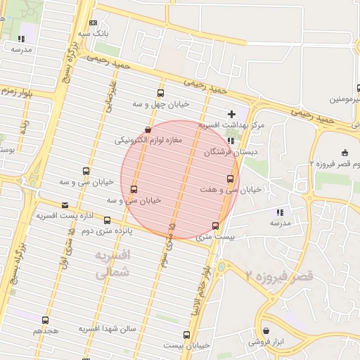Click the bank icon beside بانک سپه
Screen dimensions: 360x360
coord(94,22)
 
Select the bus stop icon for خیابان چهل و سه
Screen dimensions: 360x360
coord(161,93)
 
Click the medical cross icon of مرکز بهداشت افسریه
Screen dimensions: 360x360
coord(231,114)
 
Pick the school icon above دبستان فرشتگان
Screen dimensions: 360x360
coord(231,140)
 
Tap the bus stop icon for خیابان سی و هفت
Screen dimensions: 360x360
coord(230,179)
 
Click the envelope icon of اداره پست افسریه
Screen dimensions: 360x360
coord(65,205)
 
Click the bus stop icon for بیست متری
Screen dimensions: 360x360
coord(215,226)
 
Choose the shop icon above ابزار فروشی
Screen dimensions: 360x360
coord(266,330)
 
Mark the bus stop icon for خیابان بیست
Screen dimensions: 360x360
coord(186,335)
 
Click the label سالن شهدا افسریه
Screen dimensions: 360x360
coord(107,328)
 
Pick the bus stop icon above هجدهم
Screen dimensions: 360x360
coord(46,320)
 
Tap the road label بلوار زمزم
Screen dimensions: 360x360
coord(18,91)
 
